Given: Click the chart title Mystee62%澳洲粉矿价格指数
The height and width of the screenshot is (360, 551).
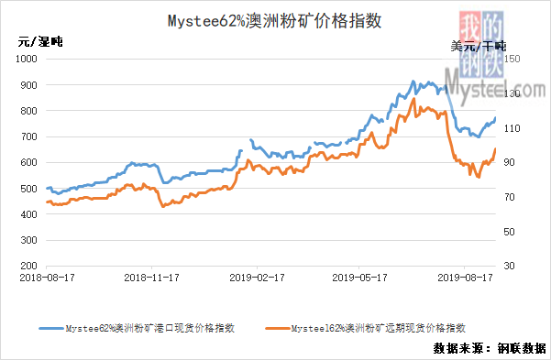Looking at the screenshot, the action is coord(274,21).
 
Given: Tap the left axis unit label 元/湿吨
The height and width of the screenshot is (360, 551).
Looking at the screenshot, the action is coord(40,42).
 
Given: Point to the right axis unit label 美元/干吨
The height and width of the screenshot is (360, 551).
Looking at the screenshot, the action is coord(479,46).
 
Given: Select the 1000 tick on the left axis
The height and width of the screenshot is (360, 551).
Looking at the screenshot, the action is coord(27,59).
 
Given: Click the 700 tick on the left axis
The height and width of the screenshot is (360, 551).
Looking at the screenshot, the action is coord(28,136).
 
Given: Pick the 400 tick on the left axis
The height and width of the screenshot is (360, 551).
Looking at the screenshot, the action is coord(28,214).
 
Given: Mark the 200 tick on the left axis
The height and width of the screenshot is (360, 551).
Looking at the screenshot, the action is coord(28,266).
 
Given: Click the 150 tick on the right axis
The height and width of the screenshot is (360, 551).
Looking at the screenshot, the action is coord(512,59).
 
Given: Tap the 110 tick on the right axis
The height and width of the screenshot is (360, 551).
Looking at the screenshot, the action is coord(512,128).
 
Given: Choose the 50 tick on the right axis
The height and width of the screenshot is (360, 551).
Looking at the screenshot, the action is coord(509,232).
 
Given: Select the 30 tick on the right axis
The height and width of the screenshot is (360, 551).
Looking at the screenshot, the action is coord(509,266).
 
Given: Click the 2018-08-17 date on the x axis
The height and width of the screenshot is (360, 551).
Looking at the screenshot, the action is coord(47,278).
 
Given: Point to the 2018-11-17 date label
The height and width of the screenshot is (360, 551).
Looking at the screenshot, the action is coord(152,278).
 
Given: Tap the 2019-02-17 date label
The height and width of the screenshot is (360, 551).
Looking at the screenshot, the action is coord(257,278).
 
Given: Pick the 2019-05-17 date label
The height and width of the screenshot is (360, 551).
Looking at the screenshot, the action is coord(359,278).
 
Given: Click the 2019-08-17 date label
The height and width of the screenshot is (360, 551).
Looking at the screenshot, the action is coord(465,278).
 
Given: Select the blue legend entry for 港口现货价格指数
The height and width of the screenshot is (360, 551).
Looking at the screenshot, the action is coord(137,328).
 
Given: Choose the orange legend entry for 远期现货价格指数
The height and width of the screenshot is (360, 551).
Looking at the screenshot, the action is coord(366,328).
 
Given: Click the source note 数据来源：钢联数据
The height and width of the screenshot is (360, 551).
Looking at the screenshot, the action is coord(490,348).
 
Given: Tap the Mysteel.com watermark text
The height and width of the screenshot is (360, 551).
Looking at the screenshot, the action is coord(495,86).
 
